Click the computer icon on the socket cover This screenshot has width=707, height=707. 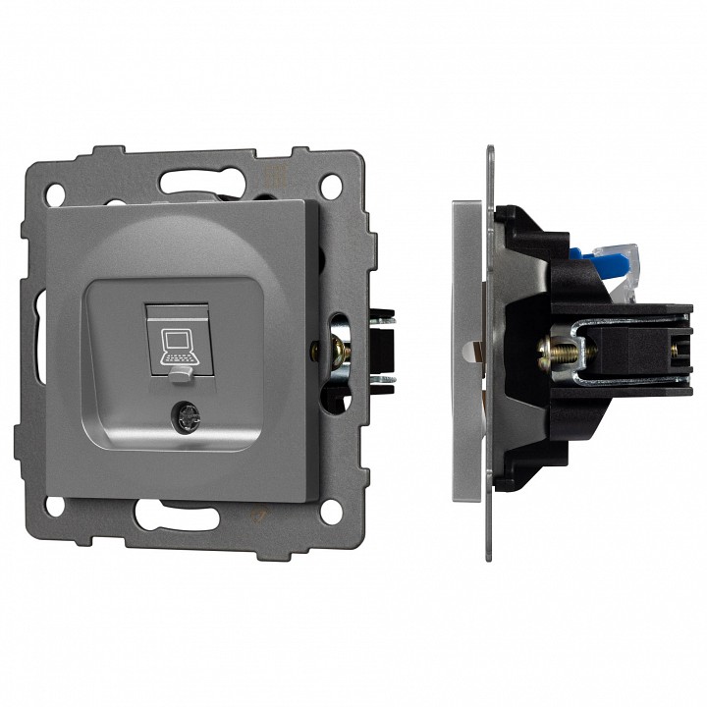(177, 342)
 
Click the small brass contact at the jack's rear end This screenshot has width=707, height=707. (676, 345)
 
